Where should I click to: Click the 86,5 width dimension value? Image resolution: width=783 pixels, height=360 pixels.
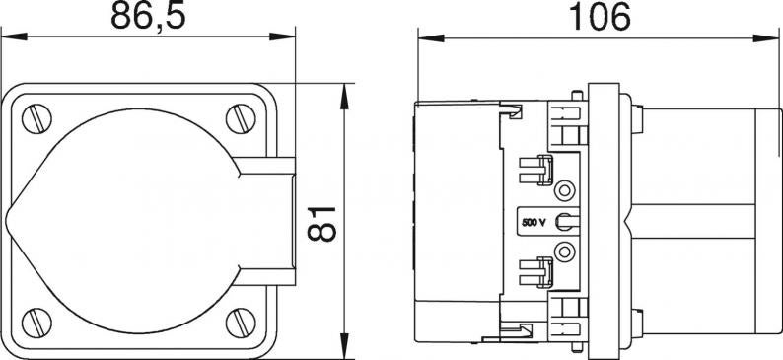pos(148,16)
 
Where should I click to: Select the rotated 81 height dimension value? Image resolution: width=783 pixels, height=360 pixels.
pos(322,224)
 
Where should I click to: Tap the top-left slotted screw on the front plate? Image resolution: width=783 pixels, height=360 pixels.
pos(36,118)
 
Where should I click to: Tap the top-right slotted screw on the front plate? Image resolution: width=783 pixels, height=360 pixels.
pos(241,118)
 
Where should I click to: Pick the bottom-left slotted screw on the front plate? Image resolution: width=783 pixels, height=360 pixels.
pos(36,323)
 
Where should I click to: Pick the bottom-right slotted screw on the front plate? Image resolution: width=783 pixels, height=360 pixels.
pos(241,323)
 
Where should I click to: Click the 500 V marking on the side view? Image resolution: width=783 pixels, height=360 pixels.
pos(534,223)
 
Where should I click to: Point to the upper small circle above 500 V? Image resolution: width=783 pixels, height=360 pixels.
pos(564,190)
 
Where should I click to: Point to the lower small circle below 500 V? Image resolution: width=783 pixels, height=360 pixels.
pos(564,252)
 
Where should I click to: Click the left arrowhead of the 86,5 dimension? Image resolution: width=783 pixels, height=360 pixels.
pos(14,36)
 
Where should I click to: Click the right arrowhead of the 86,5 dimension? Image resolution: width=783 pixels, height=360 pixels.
pos(283,36)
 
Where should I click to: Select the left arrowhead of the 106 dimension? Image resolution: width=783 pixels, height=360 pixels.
pos(431,37)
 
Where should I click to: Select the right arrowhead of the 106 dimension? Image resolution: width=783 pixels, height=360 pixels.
pos(765,37)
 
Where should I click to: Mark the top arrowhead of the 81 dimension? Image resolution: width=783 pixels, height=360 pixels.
pos(344,97)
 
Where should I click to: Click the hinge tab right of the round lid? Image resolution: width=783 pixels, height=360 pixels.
pos(264,221)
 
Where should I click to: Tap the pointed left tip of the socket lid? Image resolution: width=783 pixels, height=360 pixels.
pos(7,221)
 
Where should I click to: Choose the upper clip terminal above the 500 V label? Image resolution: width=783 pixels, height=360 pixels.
pos(536,170)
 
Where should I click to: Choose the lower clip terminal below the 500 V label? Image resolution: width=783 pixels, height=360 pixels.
pos(536,272)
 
